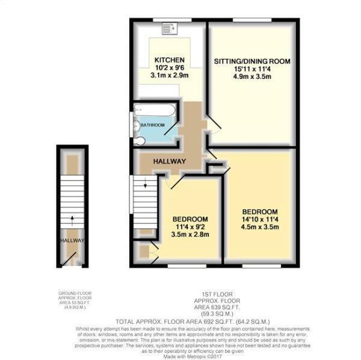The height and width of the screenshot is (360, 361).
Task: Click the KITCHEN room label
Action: click(x=169, y=60)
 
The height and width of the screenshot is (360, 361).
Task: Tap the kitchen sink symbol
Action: click(x=172, y=27)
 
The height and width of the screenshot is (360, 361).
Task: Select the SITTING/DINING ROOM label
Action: click(x=252, y=61)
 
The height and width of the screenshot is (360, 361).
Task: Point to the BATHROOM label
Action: click(x=152, y=125)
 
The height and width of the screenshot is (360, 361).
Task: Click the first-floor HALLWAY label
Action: click(x=169, y=160)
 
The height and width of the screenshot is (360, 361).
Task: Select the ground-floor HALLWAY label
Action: click(x=71, y=240)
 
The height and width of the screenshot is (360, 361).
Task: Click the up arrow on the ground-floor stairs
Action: click(x=73, y=219)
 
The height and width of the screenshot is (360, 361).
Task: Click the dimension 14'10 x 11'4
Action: click(x=260, y=219)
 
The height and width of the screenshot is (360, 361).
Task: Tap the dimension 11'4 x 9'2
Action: click(x=190, y=226)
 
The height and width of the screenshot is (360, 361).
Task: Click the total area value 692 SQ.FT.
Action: click(x=206, y=321)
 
